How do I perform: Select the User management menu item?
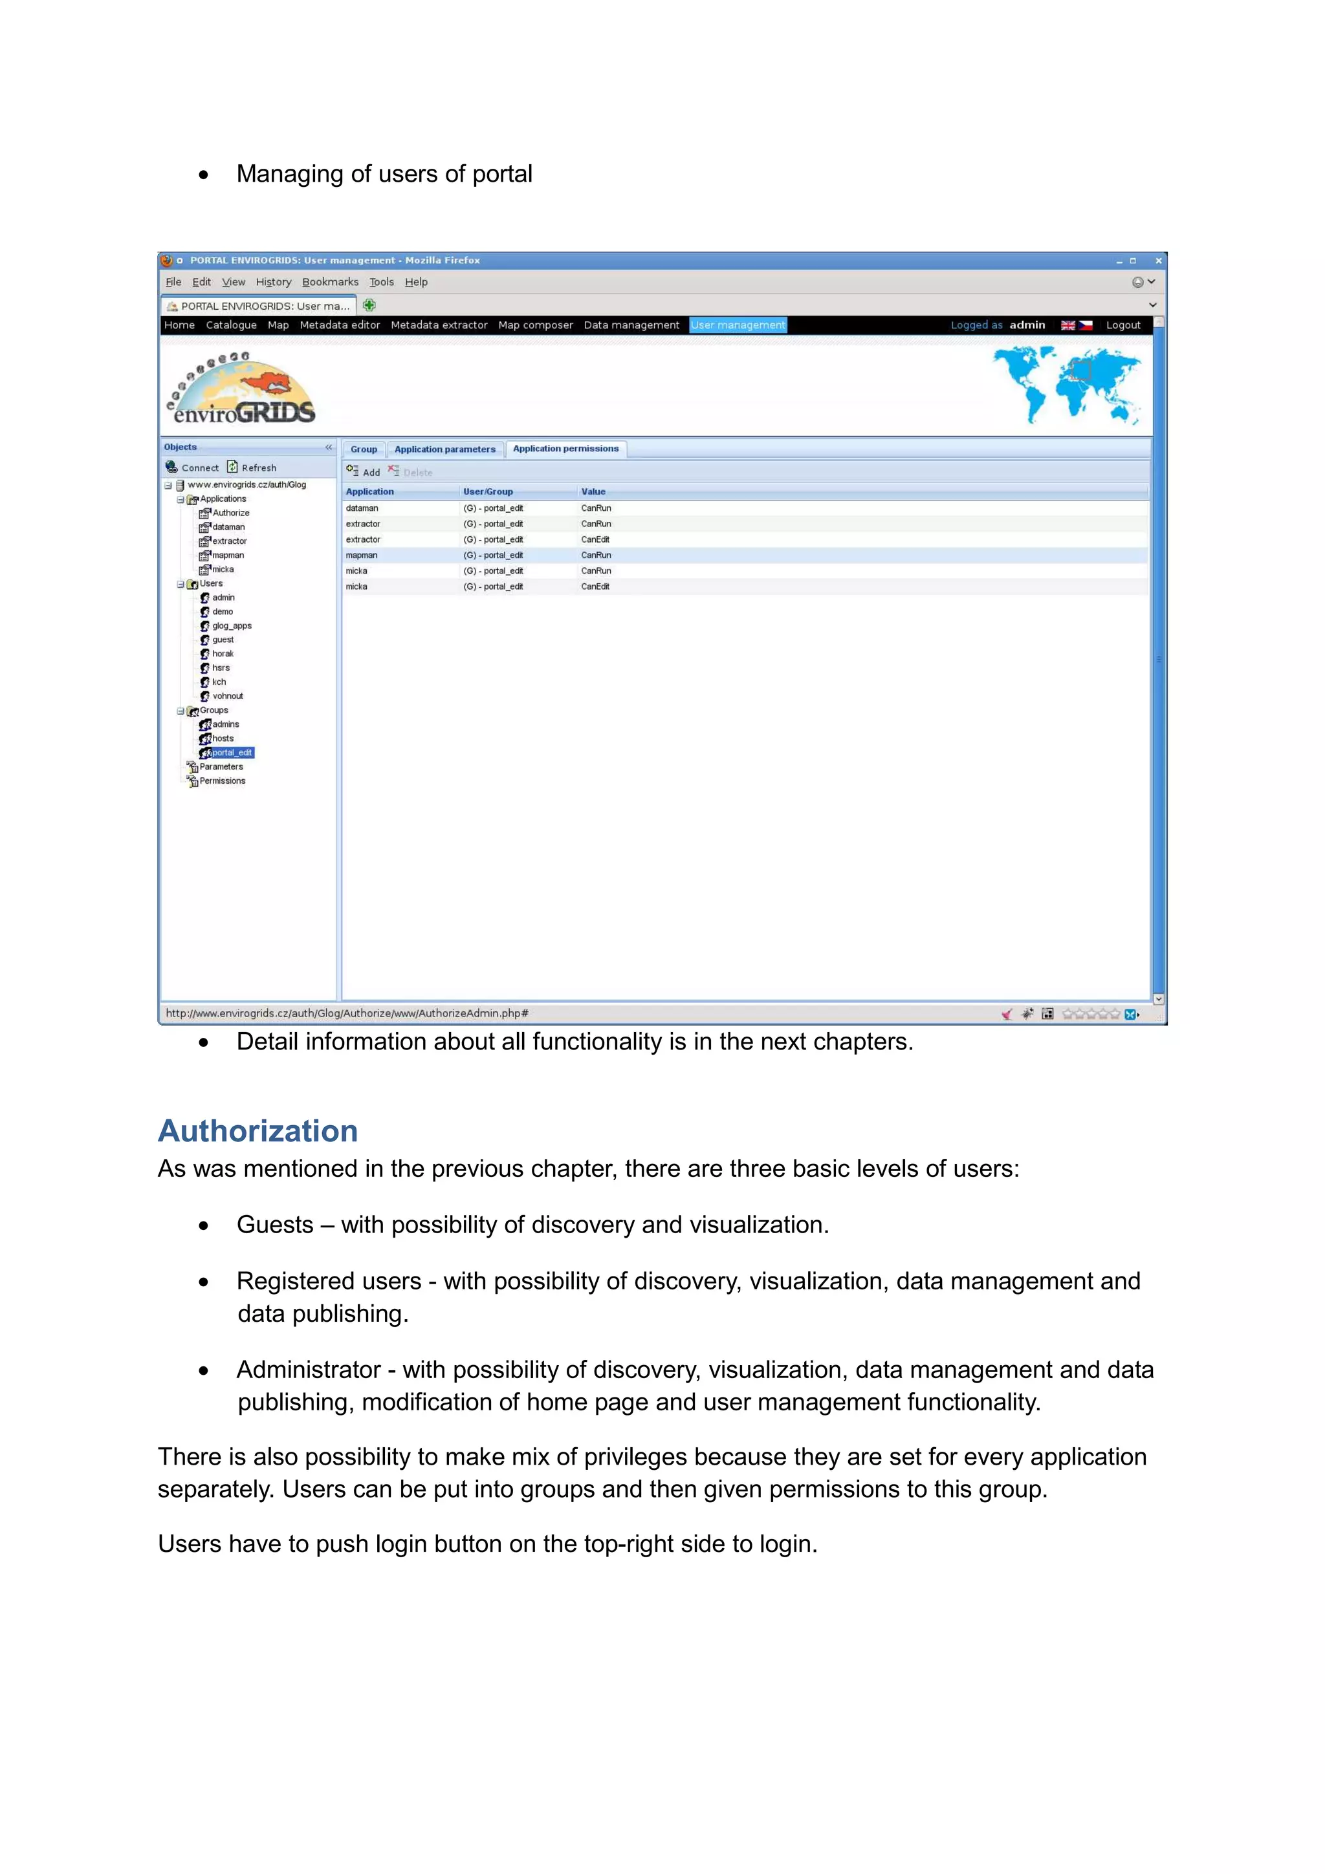pyautogui.click(x=737, y=325)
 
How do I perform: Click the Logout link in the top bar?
pyautogui.click(x=1122, y=325)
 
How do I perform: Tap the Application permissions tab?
pyautogui.click(x=565, y=449)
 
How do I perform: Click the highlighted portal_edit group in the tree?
pyautogui.click(x=232, y=753)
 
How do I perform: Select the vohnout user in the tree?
pyautogui.click(x=227, y=696)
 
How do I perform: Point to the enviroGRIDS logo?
pyautogui.click(x=243, y=389)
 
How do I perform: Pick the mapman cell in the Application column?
pyautogui.click(x=361, y=555)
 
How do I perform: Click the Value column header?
pyautogui.click(x=593, y=491)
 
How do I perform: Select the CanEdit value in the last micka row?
pyautogui.click(x=595, y=587)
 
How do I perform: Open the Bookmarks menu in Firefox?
pyautogui.click(x=330, y=281)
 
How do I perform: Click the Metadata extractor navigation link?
pyautogui.click(x=439, y=325)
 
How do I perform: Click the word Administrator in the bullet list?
pyautogui.click(x=309, y=1370)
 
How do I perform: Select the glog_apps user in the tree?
pyautogui.click(x=231, y=626)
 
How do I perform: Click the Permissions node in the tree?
pyautogui.click(x=222, y=781)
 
